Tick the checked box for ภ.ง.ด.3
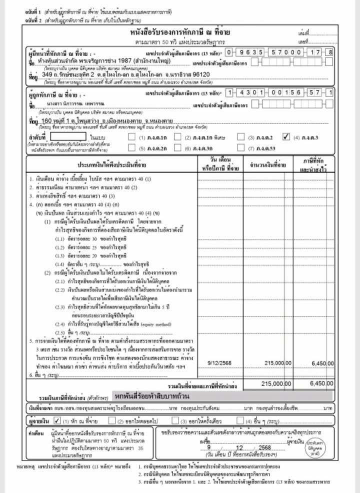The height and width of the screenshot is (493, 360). coord(286,136)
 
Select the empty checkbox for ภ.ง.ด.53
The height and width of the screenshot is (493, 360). coord(242,148)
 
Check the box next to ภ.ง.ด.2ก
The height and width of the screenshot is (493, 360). coord(131,148)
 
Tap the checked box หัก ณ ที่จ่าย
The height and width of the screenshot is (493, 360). coord(57,419)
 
